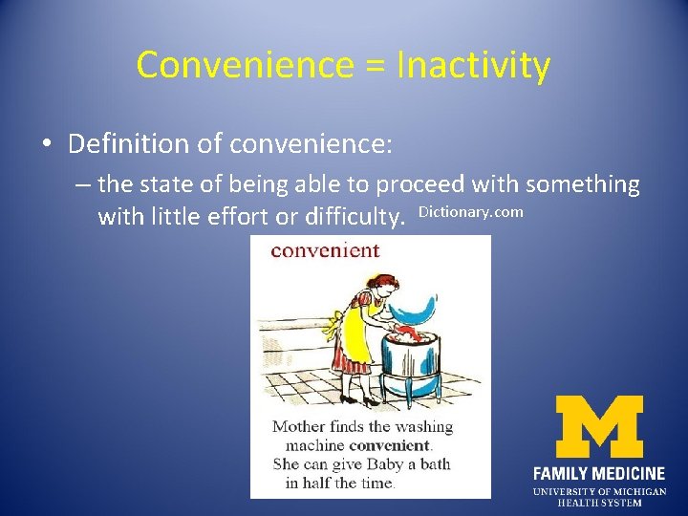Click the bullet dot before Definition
coord(46,144)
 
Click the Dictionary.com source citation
coord(470,212)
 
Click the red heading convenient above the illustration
coord(325,251)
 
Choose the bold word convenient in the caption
coord(390,445)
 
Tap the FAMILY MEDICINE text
coord(598,473)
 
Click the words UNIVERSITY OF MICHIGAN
coord(598,491)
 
